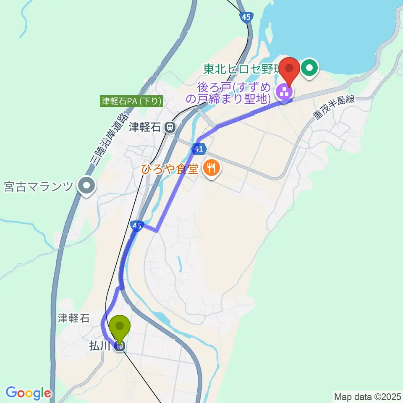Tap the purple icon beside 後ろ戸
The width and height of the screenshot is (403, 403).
284,91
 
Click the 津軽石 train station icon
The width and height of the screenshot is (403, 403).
170,126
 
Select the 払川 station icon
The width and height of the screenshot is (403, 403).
120,346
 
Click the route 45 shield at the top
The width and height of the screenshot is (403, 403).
246,17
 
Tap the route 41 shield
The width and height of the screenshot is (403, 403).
199,149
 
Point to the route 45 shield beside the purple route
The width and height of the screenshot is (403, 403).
136,226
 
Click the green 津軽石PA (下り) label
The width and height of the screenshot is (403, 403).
131,101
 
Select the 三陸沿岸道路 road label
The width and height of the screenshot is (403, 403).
108,139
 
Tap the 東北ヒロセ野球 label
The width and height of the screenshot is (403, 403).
241,69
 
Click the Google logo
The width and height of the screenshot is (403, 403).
28,393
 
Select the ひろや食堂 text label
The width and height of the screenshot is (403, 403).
170,169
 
